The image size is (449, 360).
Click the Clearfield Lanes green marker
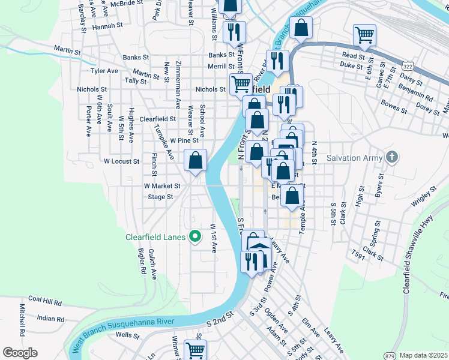[x=194, y=237]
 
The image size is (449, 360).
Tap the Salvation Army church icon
[x=392, y=159]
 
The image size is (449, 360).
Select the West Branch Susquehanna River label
[x=124, y=332]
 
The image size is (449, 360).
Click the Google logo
[x=20, y=352]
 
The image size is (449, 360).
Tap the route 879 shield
[x=390, y=355]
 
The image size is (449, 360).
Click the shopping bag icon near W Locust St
[x=196, y=161]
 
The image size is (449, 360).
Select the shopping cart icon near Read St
[x=364, y=35]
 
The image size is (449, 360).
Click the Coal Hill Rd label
[x=45, y=299]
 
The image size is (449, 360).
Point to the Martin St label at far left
[x=67, y=50]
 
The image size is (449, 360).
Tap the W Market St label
[x=162, y=186]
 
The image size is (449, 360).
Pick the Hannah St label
[x=107, y=26]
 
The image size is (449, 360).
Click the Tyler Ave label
[x=104, y=71]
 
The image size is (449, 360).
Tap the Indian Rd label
[x=50, y=318]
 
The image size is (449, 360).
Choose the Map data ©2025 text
[x=423, y=355]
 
